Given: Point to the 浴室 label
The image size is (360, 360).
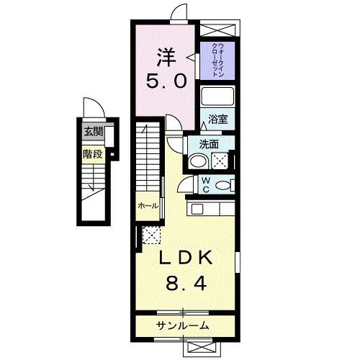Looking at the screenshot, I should (218, 120).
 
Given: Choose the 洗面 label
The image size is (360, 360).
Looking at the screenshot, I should (210, 143).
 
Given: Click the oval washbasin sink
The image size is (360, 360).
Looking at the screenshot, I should (201, 161).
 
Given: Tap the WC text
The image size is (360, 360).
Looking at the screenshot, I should (205, 185).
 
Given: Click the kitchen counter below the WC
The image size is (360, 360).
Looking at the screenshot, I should (212, 210).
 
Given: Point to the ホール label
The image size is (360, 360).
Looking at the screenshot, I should (148, 206).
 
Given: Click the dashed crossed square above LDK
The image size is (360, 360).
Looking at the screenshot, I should (152, 234).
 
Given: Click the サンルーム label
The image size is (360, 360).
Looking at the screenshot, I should (182, 326).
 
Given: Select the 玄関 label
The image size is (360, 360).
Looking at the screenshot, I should (92, 132).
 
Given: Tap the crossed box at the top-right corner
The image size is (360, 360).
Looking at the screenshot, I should (219, 29).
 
